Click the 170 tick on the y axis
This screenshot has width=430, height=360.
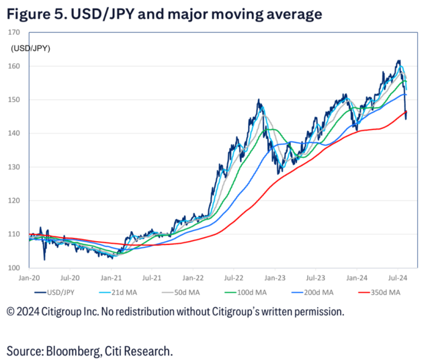click(14, 33)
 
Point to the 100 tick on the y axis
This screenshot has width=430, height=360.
click(14, 268)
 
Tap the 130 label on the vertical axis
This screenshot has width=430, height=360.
click(14, 167)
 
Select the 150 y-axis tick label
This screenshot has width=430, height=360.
click(14, 100)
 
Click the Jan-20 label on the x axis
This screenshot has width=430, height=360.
click(29, 277)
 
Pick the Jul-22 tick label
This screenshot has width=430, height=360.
click(233, 277)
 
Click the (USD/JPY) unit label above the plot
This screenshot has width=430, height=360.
click(31, 48)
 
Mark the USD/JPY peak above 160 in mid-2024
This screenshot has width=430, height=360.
click(399, 61)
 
